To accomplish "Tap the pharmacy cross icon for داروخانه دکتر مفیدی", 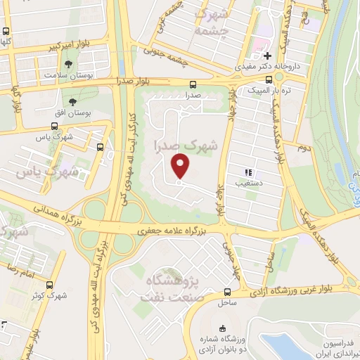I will tap(267, 56).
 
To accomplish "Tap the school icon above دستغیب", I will tap(247, 172).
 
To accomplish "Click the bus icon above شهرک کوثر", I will tap(49, 285).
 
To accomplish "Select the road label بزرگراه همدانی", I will tap(53, 214).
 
